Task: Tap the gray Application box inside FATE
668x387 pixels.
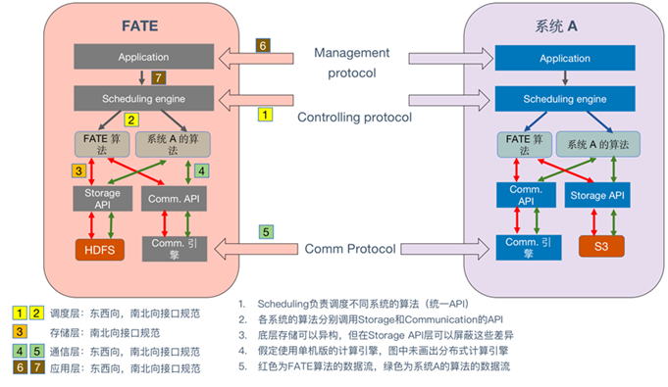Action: (x=143, y=57)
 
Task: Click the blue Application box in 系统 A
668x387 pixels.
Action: (x=558, y=59)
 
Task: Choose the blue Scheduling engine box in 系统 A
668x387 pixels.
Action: (x=558, y=100)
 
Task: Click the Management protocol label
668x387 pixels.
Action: (x=352, y=61)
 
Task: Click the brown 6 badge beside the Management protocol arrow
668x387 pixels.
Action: (x=262, y=46)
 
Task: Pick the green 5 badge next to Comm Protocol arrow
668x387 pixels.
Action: (x=266, y=232)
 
